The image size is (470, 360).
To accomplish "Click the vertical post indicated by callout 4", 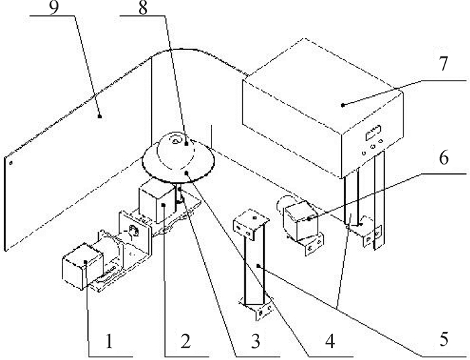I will pyautogui.click(x=253, y=266).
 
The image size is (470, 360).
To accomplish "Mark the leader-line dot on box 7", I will pyautogui.click(x=342, y=104).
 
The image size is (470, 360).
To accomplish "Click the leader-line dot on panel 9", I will pyautogui.click(x=99, y=116).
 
